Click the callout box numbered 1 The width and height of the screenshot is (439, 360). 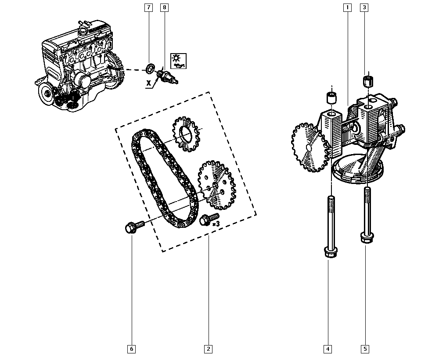point(347,7)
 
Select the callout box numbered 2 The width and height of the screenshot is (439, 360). point(208,349)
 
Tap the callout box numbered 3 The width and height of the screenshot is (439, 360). point(364,7)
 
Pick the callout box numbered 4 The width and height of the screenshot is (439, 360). point(328,349)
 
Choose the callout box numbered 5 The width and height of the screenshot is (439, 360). point(365,349)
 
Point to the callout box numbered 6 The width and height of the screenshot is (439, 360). point(132,349)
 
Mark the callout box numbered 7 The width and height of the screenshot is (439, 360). point(148,7)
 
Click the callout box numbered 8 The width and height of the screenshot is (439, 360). point(165,7)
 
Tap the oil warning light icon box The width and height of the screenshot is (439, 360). point(178,61)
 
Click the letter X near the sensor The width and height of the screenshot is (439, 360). point(149,83)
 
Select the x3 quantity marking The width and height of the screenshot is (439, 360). point(216,224)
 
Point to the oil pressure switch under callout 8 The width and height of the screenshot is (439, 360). point(167,76)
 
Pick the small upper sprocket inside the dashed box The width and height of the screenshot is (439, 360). point(186,134)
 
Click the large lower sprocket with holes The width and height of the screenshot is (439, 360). point(217,185)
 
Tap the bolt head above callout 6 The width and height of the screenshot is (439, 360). point(130,228)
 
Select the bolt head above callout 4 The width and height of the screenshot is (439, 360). point(331,252)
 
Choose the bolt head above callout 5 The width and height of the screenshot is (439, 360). point(367,238)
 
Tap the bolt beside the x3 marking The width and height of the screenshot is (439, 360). point(209,219)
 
